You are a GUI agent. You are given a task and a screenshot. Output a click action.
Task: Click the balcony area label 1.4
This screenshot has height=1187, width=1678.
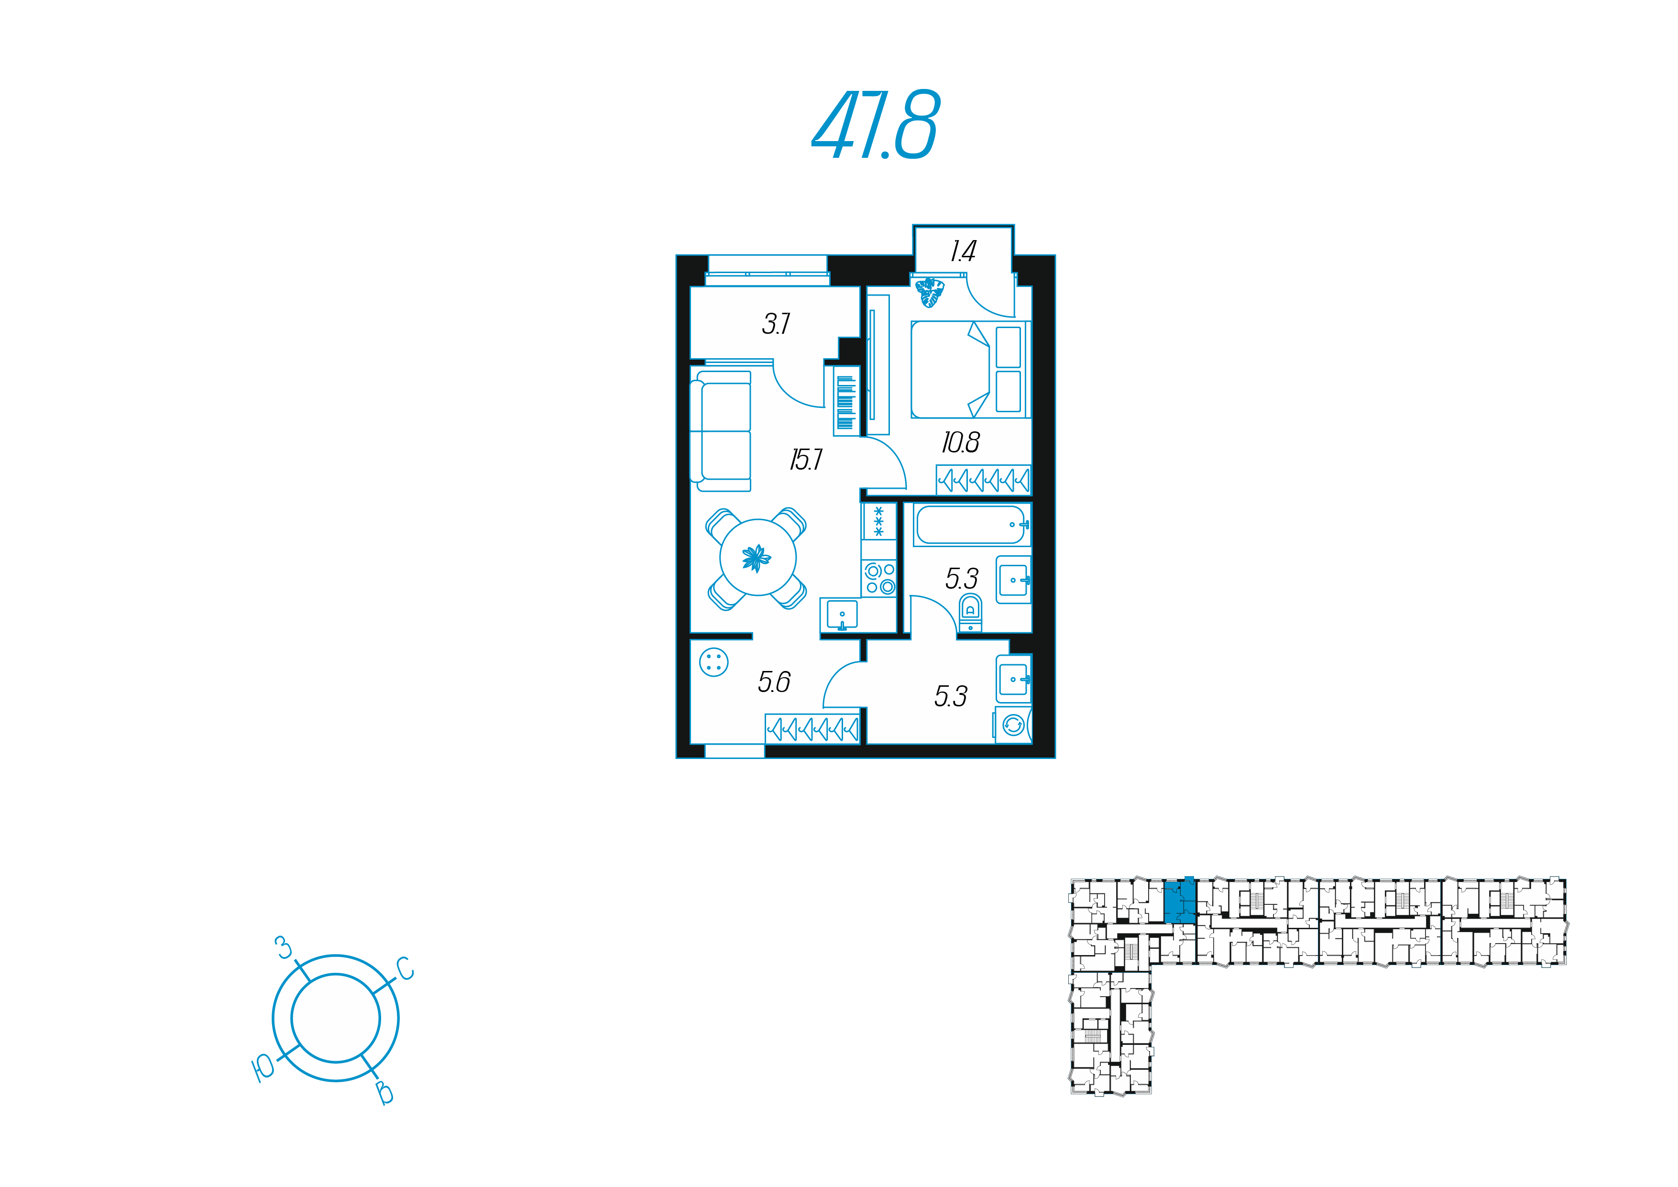(963, 252)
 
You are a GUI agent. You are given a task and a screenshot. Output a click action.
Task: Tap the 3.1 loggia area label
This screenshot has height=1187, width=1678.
(776, 324)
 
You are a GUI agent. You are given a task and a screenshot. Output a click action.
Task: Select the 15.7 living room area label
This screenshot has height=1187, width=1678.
(806, 460)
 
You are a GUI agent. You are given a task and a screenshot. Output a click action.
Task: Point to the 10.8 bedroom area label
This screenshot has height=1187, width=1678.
(960, 442)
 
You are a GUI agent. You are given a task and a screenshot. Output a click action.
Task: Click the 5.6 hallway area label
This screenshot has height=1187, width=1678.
(774, 682)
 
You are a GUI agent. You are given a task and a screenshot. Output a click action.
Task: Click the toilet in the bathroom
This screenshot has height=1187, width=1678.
(970, 613)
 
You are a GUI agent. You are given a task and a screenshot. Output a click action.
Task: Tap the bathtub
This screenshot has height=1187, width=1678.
(971, 525)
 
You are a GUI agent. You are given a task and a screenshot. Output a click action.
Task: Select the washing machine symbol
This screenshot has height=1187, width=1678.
(1013, 725)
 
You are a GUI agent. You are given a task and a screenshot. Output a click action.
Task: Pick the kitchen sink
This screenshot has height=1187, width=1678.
(842, 615)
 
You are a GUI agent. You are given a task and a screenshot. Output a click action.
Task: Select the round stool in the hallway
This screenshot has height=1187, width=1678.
(713, 663)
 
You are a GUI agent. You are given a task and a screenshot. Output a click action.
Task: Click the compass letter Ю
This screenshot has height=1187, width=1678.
(263, 1068)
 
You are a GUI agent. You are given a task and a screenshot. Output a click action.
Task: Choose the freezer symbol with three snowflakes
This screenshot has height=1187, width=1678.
(878, 521)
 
